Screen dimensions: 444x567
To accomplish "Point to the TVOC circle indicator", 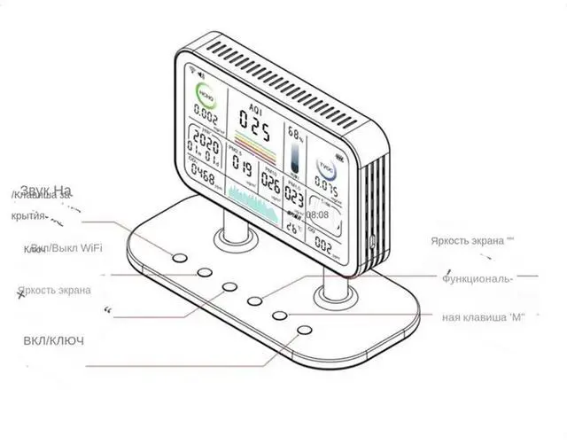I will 324,167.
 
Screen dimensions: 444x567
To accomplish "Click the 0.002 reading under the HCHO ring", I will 206,117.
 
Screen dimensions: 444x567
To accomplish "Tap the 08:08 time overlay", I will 317,214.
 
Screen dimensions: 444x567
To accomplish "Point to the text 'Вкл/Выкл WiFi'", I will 69,248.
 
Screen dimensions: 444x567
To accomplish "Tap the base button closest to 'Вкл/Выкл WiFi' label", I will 180,259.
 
